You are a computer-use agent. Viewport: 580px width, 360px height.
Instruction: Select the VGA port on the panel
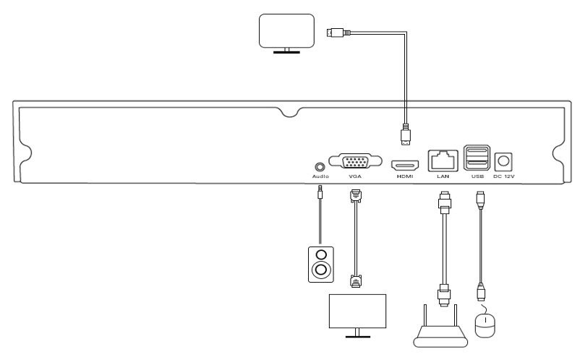pyautogui.click(x=355, y=160)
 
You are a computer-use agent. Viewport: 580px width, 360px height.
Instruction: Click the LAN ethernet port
pyautogui.click(x=443, y=158)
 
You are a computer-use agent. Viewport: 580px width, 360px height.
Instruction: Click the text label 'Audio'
pyautogui.click(x=320, y=176)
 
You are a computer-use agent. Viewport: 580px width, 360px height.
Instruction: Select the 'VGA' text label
pyautogui.click(x=355, y=176)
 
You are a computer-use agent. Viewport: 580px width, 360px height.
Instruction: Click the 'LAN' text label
pyautogui.click(x=443, y=176)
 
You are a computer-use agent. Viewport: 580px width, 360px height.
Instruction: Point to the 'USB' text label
pyautogui.click(x=477, y=176)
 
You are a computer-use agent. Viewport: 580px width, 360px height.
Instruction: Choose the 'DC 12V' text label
pyautogui.click(x=504, y=176)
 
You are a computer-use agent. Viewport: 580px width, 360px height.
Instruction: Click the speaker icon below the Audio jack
pyautogui.click(x=320, y=264)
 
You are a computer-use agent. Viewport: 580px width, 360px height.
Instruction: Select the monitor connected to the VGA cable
pyautogui.click(x=357, y=312)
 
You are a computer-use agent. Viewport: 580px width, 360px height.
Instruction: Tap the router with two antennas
pyautogui.click(x=442, y=329)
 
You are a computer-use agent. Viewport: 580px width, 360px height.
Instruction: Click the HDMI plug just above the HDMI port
pyautogui.click(x=406, y=134)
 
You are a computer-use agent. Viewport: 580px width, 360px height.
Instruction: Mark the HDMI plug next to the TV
pyautogui.click(x=336, y=32)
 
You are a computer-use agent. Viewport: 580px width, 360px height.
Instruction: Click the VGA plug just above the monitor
pyautogui.click(x=355, y=280)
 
